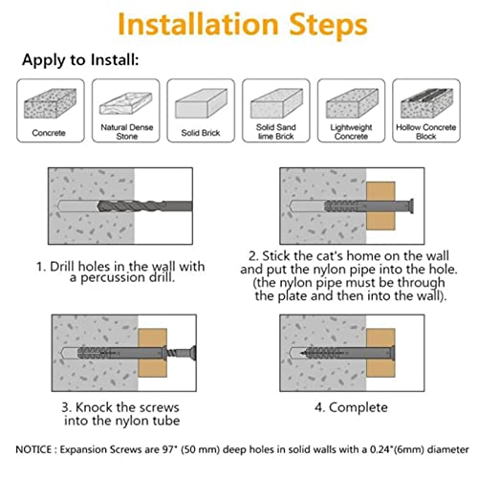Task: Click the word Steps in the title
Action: click(328, 25)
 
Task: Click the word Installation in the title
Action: click(198, 24)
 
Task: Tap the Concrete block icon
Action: click(51, 103)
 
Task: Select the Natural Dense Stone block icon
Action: click(126, 103)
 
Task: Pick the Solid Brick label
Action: click(201, 133)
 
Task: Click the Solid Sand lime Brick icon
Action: click(276, 103)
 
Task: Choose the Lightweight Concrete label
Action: click(351, 132)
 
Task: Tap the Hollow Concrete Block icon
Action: click(426, 103)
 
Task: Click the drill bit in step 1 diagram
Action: click(145, 206)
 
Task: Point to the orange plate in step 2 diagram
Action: click(380, 206)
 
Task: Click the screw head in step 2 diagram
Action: click(411, 206)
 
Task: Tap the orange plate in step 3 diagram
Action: click(152, 353)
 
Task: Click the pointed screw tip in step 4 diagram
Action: click(301, 353)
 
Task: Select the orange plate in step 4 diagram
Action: click(380, 353)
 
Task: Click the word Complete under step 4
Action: click(358, 407)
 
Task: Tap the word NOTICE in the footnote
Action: click(33, 449)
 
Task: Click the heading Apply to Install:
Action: click(80, 60)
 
